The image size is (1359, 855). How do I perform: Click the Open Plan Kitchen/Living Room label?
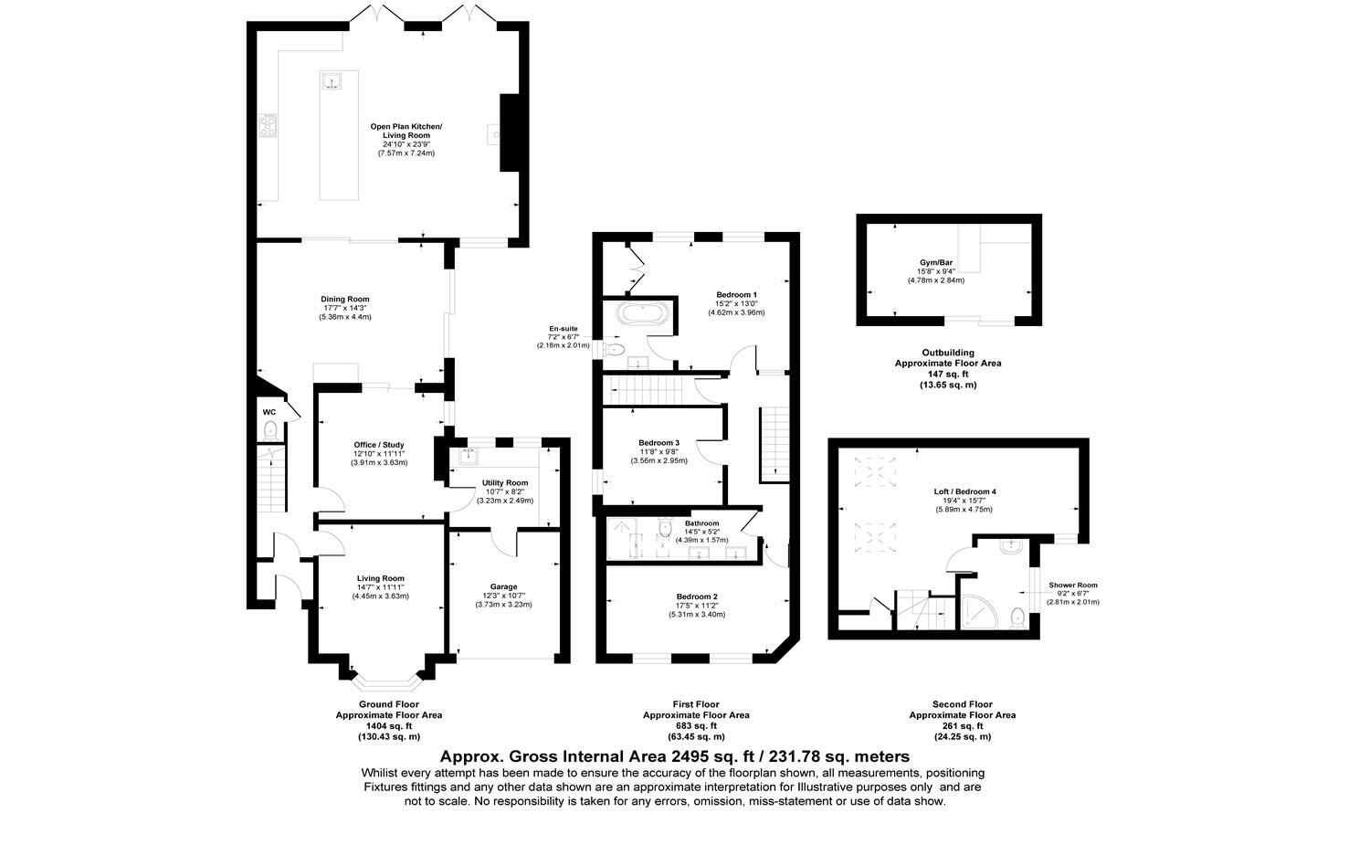406,131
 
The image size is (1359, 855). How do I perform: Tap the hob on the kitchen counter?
268,125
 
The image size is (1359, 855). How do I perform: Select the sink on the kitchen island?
330,82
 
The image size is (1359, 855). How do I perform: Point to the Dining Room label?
344,299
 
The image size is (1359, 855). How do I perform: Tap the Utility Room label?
505,482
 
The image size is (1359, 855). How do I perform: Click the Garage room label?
503,586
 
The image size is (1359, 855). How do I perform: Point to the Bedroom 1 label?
736,294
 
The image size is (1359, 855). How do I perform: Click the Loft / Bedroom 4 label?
964,491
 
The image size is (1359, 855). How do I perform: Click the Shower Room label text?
1072,585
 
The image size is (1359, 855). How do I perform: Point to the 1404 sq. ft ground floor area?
389,725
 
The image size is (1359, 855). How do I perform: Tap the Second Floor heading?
962,704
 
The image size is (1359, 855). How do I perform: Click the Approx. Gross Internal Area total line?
674,756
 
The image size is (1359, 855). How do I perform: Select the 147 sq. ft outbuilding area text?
947,374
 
